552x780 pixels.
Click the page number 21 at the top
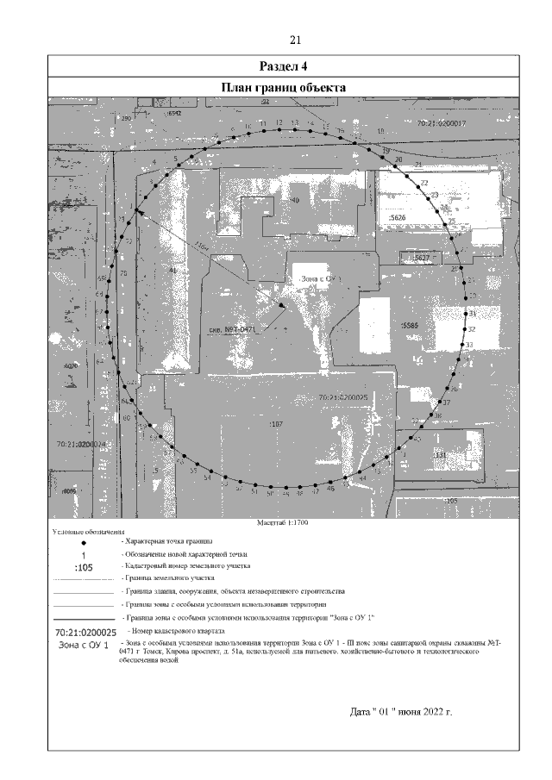295,41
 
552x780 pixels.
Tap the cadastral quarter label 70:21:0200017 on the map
441,124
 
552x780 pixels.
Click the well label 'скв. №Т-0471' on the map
234,329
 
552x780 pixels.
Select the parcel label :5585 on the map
410,325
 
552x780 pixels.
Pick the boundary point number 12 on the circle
279,123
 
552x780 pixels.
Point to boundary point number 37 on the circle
446,402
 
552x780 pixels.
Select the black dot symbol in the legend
84,543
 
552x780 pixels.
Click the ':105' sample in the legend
84,568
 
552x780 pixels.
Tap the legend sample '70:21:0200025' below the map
84,633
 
